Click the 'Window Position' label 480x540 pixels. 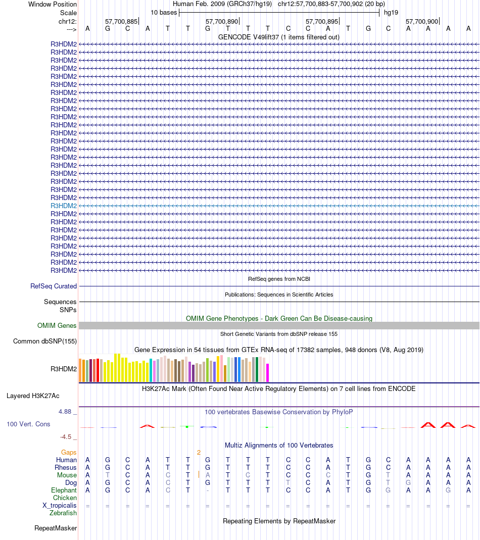point(53,4)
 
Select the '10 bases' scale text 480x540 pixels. point(164,12)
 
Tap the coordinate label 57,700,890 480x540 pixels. point(221,22)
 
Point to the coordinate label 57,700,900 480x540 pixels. point(422,22)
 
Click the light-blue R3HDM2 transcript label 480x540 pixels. point(64,206)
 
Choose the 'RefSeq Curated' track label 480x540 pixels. point(54,286)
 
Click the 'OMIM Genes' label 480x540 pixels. point(57,326)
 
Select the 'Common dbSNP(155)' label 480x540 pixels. point(45,341)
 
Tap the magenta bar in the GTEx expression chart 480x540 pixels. point(267,372)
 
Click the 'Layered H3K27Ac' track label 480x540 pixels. point(33,396)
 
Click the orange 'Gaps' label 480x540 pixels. point(69,452)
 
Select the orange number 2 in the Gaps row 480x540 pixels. point(199,453)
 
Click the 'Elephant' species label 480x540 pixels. point(64,490)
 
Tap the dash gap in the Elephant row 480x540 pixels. point(208,490)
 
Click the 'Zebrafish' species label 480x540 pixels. point(63,513)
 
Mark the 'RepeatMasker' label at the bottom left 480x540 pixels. point(56,528)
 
